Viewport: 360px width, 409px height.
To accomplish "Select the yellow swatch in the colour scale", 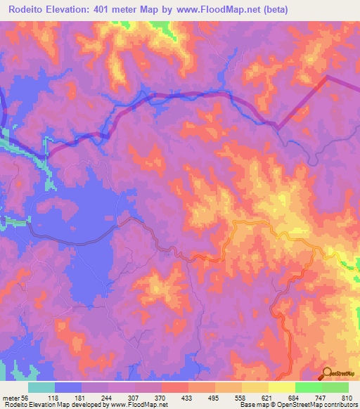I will [282, 387].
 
